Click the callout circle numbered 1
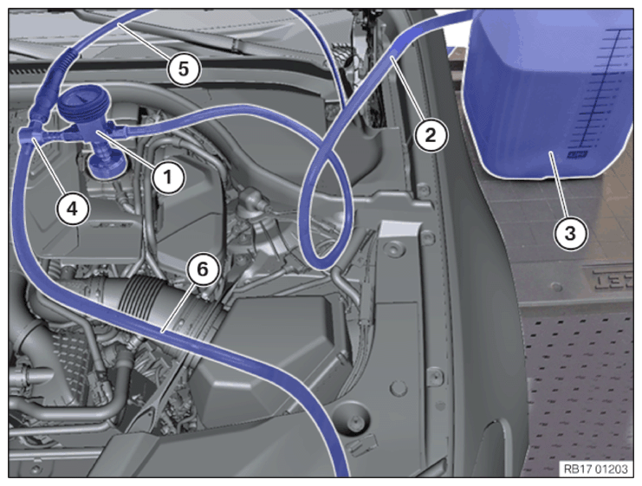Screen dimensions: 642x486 pyautogui.click(x=168, y=178)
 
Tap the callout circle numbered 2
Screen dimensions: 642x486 pyautogui.click(x=431, y=135)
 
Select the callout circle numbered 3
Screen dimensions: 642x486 pyautogui.click(x=570, y=234)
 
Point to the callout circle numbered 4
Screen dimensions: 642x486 pyautogui.click(x=73, y=210)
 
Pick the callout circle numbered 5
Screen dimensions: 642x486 pyautogui.click(x=184, y=68)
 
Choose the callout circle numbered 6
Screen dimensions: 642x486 pyautogui.click(x=203, y=269)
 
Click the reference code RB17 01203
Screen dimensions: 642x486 pyautogui.click(x=596, y=469)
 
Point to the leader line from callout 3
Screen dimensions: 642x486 pyautogui.click(x=560, y=185)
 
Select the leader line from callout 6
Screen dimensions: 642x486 pyautogui.click(x=178, y=308)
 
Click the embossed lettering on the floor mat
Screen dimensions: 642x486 pyautogui.click(x=610, y=282)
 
